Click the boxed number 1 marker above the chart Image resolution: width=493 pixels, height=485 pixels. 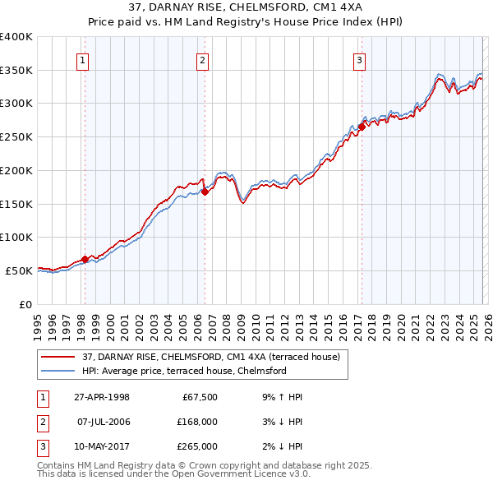tap(84, 59)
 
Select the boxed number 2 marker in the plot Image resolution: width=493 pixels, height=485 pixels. tap(202, 59)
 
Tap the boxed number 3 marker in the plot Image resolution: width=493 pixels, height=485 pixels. tap(360, 59)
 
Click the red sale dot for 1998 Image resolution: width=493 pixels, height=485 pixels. tap(85, 259)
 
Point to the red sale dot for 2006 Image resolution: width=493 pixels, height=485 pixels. tap(205, 192)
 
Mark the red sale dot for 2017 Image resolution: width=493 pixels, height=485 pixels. tap(362, 127)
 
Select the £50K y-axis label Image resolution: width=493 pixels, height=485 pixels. tap(19, 270)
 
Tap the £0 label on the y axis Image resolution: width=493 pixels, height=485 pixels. tap(25, 304)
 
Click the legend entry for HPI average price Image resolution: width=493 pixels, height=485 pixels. tap(183, 371)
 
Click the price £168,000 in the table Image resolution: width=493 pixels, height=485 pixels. tap(197, 422)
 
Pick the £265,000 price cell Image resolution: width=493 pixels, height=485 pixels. tap(197, 446)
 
